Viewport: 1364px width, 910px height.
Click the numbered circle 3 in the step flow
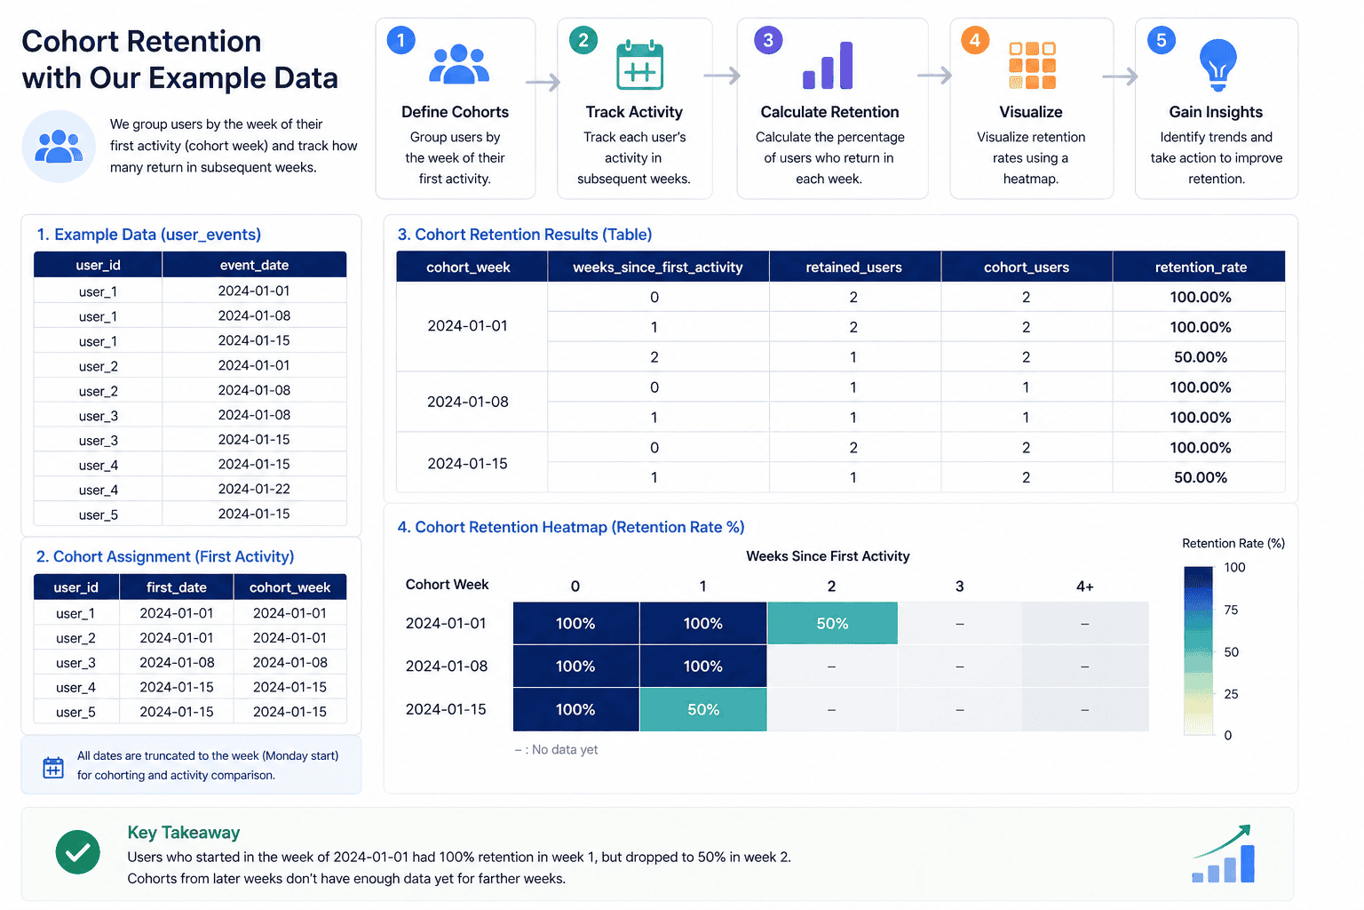point(768,40)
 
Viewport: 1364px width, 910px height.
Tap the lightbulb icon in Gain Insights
point(1217,65)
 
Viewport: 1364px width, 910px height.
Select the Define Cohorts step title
point(455,112)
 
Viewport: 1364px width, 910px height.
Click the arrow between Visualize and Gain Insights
point(1121,77)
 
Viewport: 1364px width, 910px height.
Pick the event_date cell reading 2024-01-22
point(254,489)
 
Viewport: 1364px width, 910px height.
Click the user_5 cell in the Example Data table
point(98,515)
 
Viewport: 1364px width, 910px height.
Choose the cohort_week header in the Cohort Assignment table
point(289,587)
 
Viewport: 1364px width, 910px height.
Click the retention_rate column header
point(1200,267)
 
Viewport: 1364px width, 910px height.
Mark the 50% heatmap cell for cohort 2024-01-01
point(832,623)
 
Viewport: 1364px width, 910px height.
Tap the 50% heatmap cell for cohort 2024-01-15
point(702,710)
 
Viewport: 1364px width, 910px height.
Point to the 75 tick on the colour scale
point(1231,610)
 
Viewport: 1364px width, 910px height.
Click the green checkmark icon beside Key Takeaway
point(78,852)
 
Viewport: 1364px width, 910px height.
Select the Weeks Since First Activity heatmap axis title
point(828,556)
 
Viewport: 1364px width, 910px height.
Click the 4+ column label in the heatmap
point(1084,587)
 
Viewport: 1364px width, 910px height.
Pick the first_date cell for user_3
point(177,662)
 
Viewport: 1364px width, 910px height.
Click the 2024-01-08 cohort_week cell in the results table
point(468,402)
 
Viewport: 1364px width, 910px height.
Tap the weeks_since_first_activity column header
point(657,267)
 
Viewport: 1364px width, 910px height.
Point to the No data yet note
point(557,749)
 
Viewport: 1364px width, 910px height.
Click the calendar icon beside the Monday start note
point(53,767)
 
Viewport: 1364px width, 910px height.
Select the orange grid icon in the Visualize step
point(1032,66)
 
